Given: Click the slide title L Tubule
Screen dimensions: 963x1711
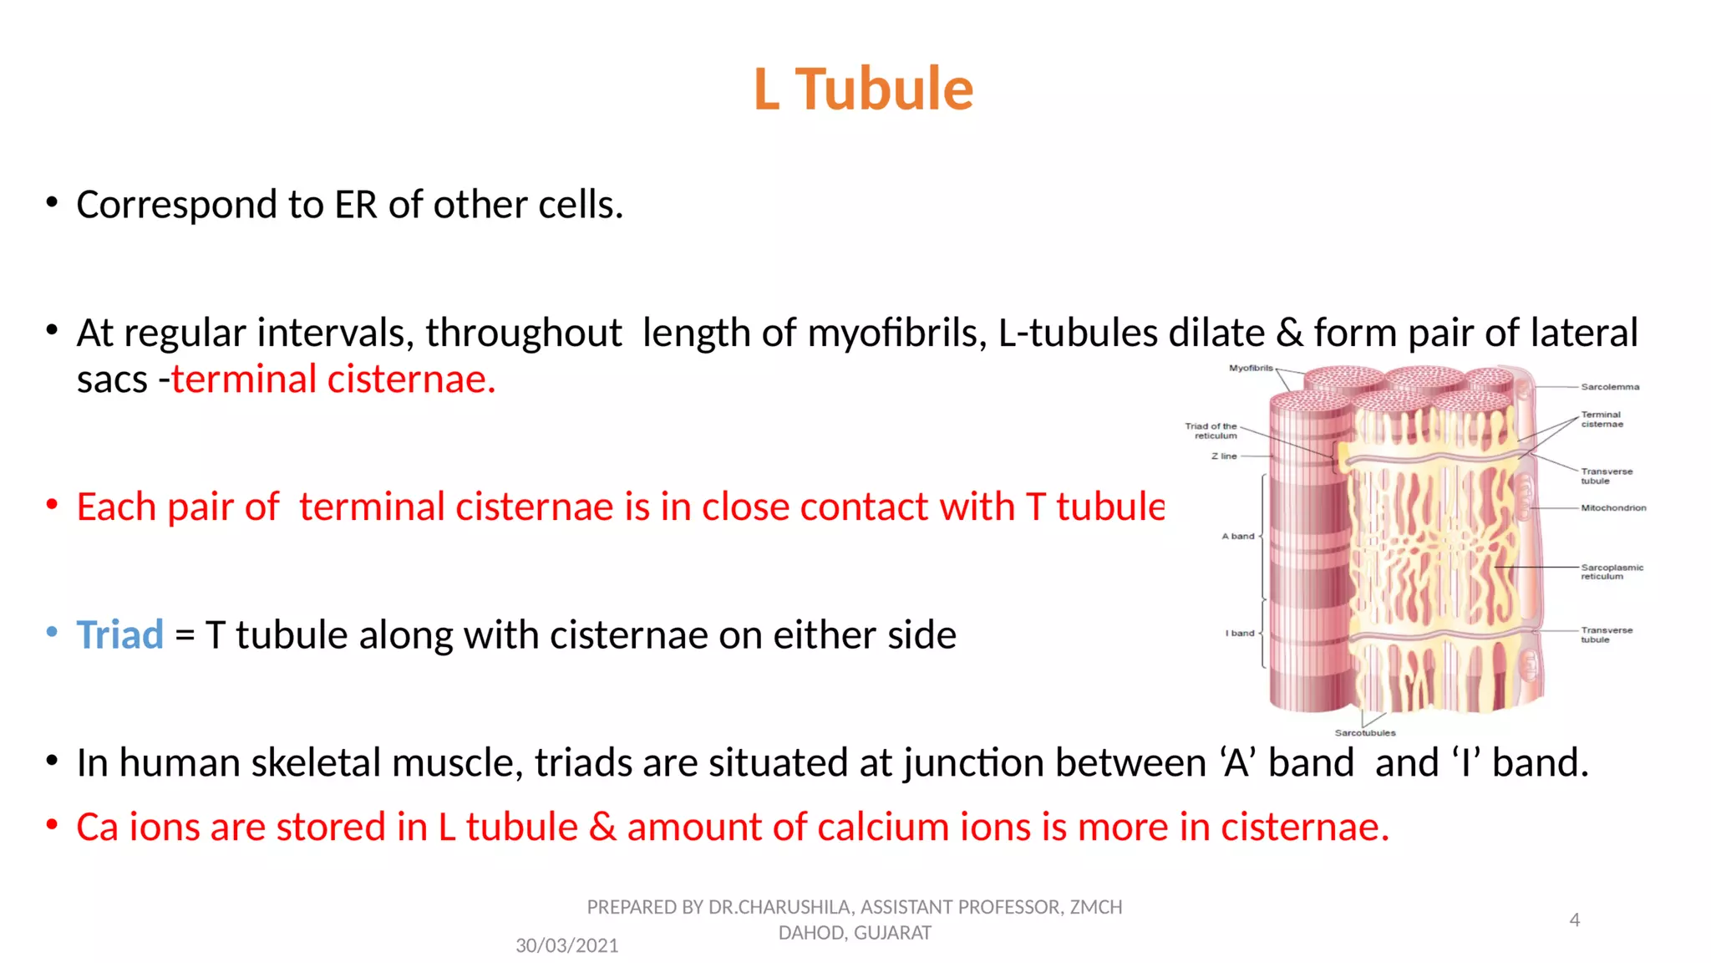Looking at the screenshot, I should coord(863,89).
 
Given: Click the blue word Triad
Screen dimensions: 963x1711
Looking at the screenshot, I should coord(119,634).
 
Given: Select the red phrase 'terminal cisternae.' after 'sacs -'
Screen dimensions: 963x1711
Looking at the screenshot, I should coord(333,379).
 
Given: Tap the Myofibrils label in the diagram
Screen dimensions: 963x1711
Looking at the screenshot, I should coord(1251,368).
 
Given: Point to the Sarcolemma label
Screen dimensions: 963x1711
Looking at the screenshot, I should coord(1610,387).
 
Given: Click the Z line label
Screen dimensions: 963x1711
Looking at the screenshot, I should coord(1224,456).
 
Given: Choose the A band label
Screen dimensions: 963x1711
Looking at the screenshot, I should coord(1238,536).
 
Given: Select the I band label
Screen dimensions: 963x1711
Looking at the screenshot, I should coord(1240,633).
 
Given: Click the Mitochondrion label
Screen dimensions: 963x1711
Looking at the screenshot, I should coord(1613,507).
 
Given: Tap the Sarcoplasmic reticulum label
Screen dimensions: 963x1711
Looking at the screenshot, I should coord(1612,572).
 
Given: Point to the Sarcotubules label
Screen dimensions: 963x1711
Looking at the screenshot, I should coord(1365,733).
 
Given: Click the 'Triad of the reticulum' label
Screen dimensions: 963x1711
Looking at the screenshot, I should coord(1211,431).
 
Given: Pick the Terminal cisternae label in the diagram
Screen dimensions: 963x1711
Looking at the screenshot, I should coord(1602,419).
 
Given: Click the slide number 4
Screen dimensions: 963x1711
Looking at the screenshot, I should coord(1574,920).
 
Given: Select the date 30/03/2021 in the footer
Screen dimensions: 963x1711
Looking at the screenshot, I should coord(566,945).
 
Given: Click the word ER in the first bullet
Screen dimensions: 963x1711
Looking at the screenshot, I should coord(356,205).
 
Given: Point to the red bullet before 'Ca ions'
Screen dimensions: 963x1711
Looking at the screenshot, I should coord(52,826).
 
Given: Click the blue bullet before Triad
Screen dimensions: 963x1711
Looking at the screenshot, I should coord(52,633).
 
